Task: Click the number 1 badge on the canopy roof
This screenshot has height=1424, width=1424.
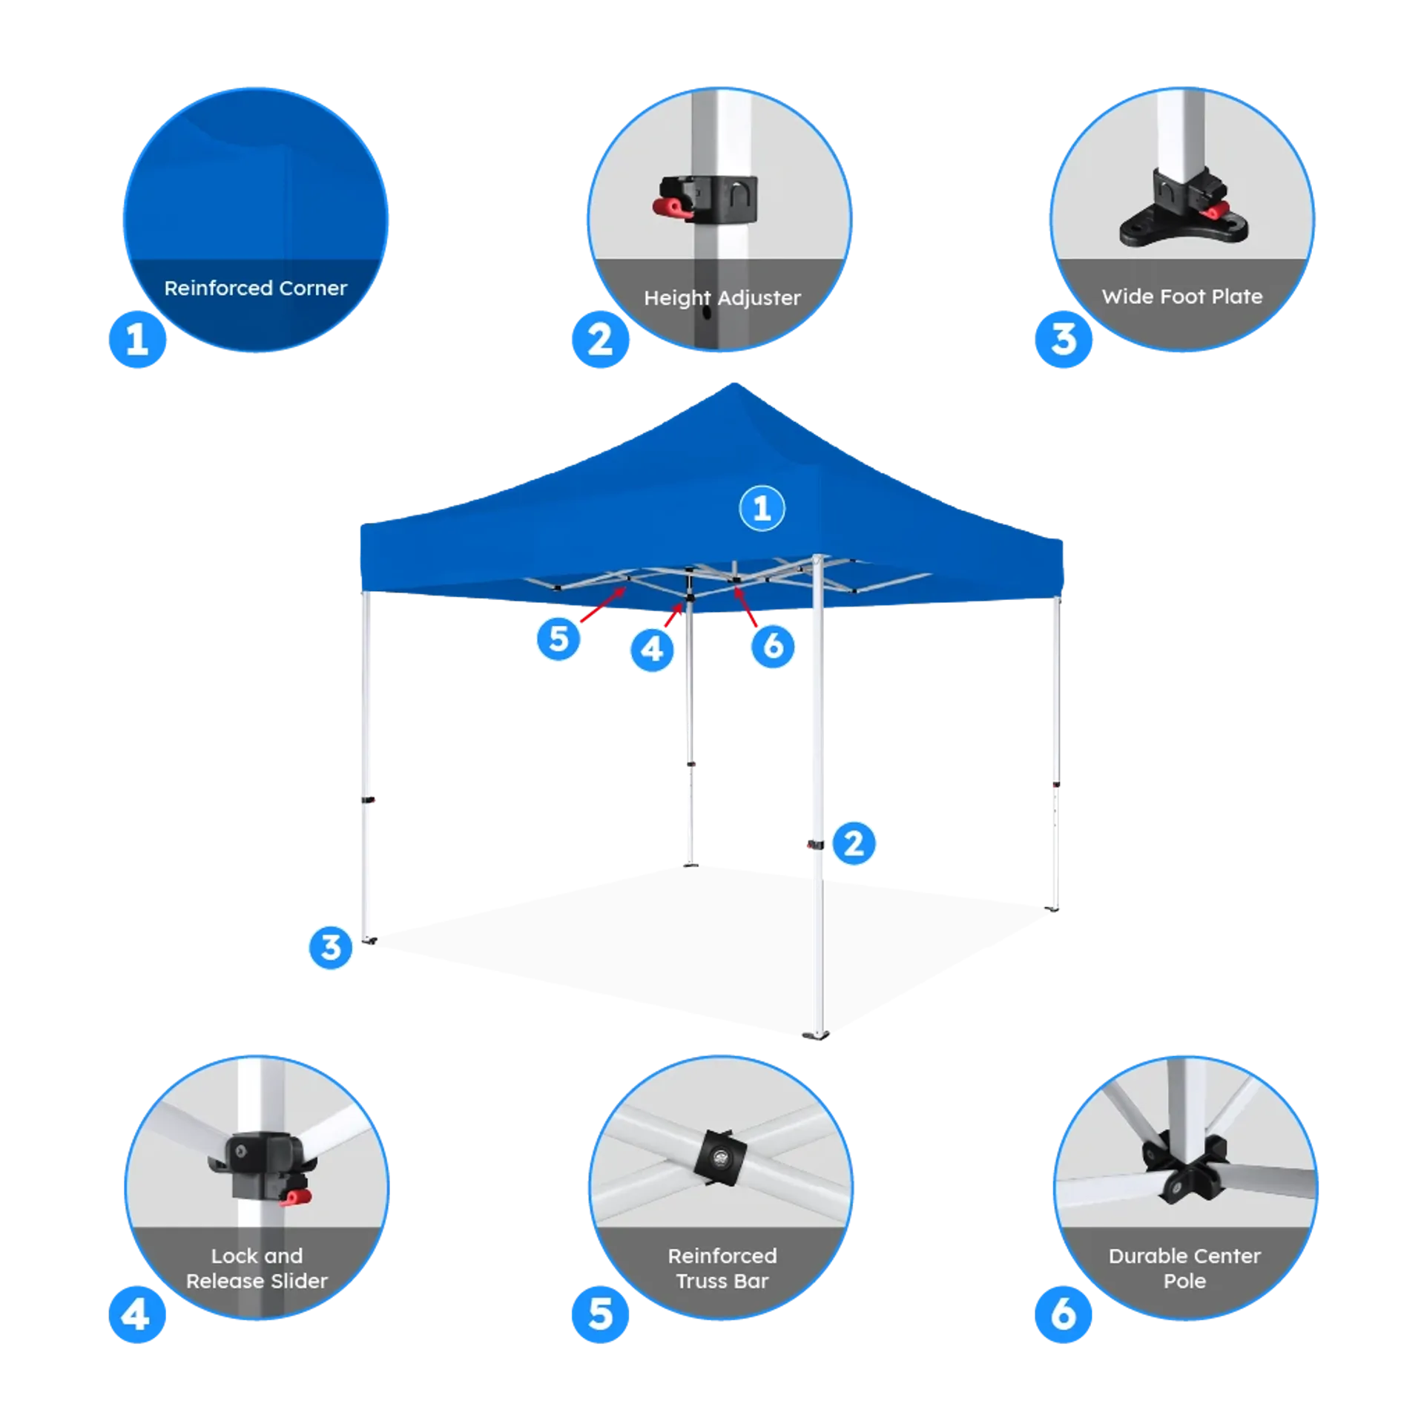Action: click(x=762, y=508)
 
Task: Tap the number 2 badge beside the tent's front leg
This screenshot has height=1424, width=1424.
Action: click(x=854, y=843)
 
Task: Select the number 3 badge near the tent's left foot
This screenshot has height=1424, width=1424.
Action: click(x=331, y=947)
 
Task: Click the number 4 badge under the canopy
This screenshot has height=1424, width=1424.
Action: click(x=652, y=650)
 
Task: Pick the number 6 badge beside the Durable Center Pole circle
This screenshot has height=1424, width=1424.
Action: click(x=1063, y=1314)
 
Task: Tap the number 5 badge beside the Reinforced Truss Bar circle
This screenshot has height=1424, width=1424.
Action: click(x=600, y=1314)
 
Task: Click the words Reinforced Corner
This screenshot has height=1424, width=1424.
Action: click(x=256, y=288)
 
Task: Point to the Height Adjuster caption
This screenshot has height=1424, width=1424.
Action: click(x=722, y=298)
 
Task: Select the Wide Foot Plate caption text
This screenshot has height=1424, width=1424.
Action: click(x=1182, y=297)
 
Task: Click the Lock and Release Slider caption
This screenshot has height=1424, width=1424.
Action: click(x=257, y=1268)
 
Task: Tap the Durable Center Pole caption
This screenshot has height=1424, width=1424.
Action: click(x=1184, y=1268)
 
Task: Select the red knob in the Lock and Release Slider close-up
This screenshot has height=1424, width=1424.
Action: click(x=297, y=1197)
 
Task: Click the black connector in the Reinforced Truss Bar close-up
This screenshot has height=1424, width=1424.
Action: click(x=720, y=1158)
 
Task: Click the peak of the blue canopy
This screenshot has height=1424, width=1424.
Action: click(x=734, y=384)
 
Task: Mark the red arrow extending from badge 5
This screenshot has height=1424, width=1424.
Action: click(x=603, y=604)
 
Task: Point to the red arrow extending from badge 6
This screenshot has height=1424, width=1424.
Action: click(x=745, y=607)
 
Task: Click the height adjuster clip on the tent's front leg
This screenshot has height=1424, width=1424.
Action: click(x=815, y=845)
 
